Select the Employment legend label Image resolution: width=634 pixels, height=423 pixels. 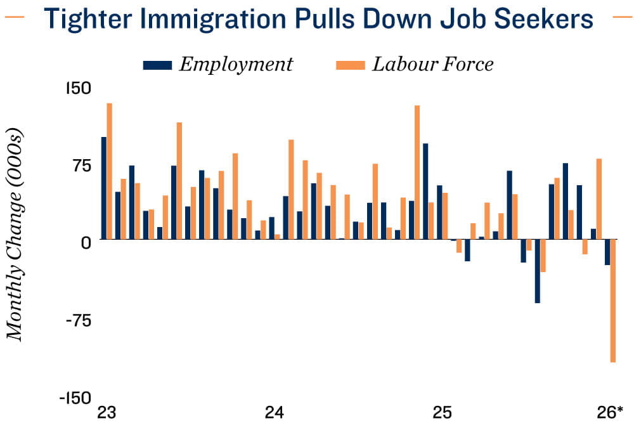tap(236, 64)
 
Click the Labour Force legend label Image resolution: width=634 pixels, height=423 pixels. tap(433, 64)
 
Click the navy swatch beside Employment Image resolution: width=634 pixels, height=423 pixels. tap(158, 65)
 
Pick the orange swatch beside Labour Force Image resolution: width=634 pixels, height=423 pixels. tap(350, 65)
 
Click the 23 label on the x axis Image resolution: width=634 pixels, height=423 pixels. tap(105, 413)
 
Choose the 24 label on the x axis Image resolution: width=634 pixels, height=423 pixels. tap(273, 413)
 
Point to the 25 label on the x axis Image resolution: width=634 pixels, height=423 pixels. tap(442, 413)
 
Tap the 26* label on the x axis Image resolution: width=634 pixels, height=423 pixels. tap(611, 413)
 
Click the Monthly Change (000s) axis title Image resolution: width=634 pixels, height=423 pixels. tap(15, 235)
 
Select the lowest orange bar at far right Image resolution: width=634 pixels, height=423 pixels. tap(613, 301)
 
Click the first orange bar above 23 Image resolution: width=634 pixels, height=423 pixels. tap(109, 171)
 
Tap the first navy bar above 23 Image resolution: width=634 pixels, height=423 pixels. tap(103, 188)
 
